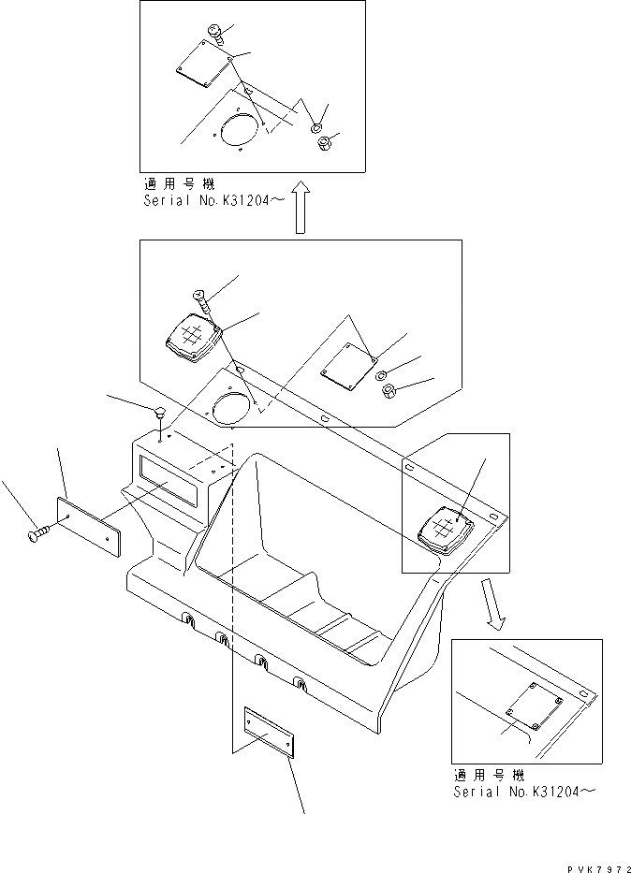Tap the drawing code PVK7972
588,862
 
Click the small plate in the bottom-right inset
530,703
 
